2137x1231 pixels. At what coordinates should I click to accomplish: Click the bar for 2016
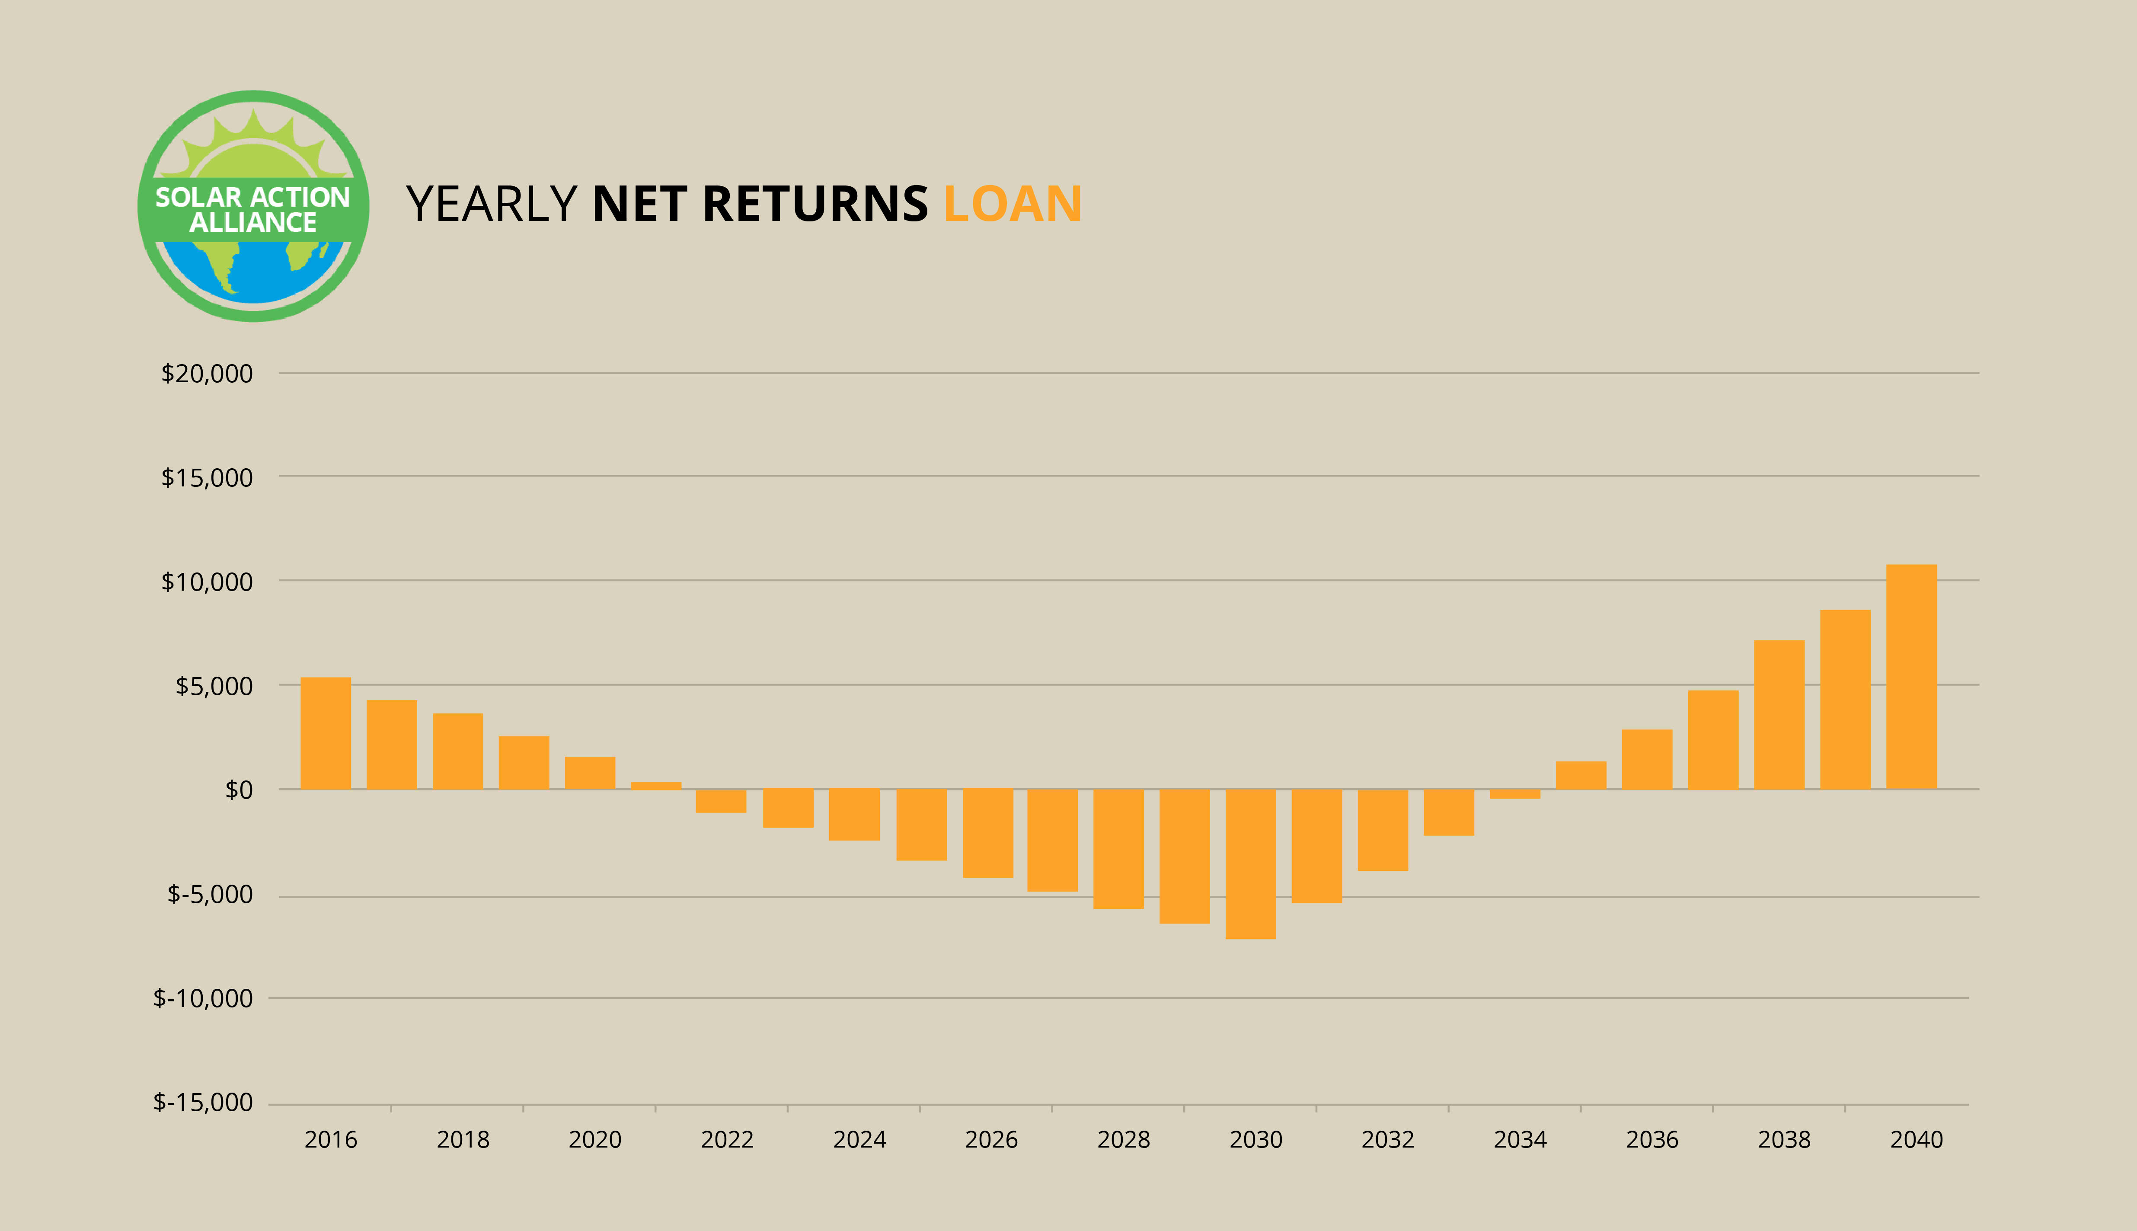(x=326, y=733)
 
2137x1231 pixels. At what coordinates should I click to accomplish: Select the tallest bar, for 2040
(x=1911, y=676)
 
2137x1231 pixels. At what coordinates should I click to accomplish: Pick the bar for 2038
(x=1779, y=714)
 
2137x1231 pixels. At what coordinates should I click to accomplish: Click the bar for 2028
(x=1118, y=849)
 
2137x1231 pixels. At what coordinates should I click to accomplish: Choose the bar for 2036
(x=1647, y=759)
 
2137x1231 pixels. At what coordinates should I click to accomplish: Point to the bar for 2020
(x=590, y=773)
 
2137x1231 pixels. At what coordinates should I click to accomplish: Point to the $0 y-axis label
(x=238, y=790)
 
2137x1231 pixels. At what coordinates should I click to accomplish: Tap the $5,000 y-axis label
(x=214, y=686)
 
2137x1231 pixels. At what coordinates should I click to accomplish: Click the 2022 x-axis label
(x=727, y=1140)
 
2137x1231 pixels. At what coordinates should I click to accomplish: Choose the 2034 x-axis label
(x=1520, y=1140)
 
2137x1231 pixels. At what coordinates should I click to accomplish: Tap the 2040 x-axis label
(x=1917, y=1140)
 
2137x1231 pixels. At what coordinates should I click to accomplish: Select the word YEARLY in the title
(x=492, y=204)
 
